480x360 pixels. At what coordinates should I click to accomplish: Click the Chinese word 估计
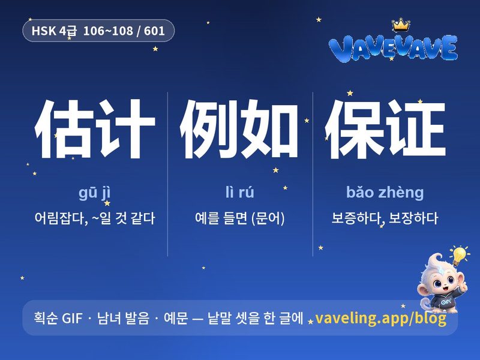pyautogui.click(x=95, y=129)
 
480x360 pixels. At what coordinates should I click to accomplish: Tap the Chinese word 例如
pyautogui.click(x=239, y=129)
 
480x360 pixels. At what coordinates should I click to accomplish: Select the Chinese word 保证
pyautogui.click(x=385, y=129)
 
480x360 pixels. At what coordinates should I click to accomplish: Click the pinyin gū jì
pyautogui.click(x=95, y=193)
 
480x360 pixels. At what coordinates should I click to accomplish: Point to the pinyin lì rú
pyautogui.click(x=239, y=192)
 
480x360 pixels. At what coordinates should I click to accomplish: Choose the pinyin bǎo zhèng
pyautogui.click(x=385, y=193)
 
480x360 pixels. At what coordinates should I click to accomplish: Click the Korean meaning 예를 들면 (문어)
pyautogui.click(x=239, y=218)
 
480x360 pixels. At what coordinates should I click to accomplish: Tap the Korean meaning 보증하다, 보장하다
pyautogui.click(x=385, y=218)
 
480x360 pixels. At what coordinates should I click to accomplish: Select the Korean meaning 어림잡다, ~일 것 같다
pyautogui.click(x=95, y=218)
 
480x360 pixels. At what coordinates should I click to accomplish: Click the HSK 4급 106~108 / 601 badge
pyautogui.click(x=98, y=31)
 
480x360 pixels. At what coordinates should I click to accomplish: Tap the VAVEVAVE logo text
pyautogui.click(x=393, y=48)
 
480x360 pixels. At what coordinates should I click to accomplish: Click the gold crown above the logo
pyautogui.click(x=401, y=25)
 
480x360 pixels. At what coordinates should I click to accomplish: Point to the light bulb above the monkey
pyautogui.click(x=459, y=255)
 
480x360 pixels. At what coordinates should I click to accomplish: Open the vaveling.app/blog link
pyautogui.click(x=380, y=318)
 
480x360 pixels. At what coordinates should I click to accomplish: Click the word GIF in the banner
pyautogui.click(x=72, y=318)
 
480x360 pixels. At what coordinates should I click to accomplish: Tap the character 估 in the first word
pyautogui.click(x=64, y=129)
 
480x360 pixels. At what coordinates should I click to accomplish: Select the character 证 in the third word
pyautogui.click(x=416, y=129)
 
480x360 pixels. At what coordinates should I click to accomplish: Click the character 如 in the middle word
pyautogui.click(x=269, y=129)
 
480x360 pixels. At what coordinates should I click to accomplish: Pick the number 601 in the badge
pyautogui.click(x=154, y=31)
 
